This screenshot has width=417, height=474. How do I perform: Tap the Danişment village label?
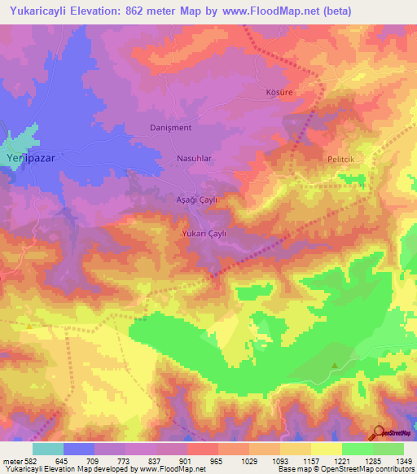click(x=170, y=128)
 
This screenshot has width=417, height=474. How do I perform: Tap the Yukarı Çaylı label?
click(x=201, y=233)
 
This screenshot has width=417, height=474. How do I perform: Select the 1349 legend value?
click(x=402, y=460)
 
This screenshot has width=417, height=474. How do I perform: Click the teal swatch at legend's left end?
click(x=47, y=449)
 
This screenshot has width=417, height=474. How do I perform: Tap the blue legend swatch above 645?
click(x=79, y=449)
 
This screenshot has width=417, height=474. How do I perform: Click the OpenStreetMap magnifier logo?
click(x=378, y=432)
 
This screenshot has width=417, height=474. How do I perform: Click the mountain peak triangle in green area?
click(x=334, y=365)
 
